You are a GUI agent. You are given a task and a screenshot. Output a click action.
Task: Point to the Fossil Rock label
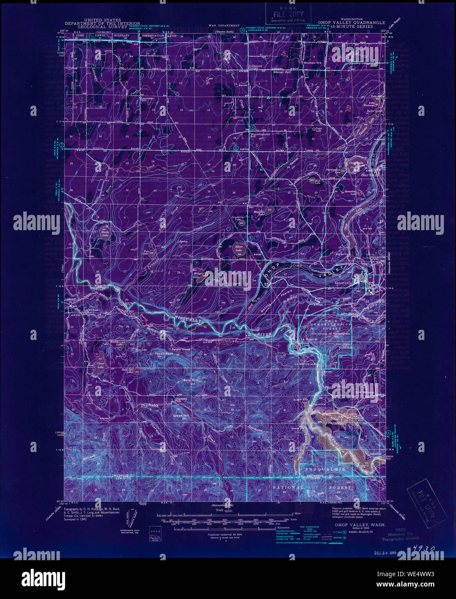163,353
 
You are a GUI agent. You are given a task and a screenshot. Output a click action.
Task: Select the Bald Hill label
190,380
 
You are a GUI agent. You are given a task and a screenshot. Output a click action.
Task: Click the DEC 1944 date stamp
385,552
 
